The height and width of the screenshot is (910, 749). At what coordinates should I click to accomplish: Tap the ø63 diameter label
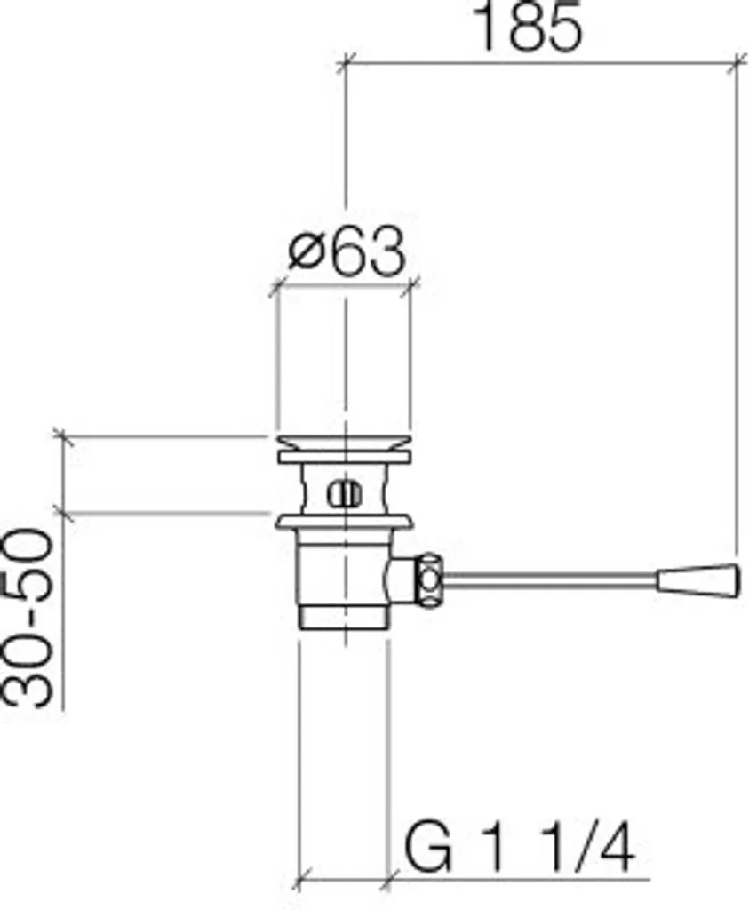point(347,252)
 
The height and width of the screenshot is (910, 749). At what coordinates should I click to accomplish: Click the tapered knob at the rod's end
point(698,579)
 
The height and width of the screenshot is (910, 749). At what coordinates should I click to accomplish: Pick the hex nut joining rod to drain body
point(429,580)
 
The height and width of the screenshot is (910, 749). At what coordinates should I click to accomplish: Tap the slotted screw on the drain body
point(345,495)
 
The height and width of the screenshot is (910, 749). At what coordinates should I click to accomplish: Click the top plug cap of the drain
point(345,443)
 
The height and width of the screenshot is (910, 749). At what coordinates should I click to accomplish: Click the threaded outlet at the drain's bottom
point(343,617)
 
